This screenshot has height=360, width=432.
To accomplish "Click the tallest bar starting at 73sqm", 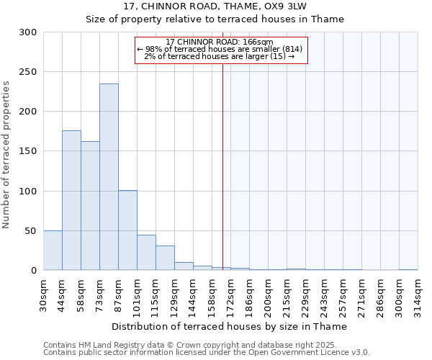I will [109, 177].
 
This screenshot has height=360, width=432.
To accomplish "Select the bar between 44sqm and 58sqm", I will [71, 200].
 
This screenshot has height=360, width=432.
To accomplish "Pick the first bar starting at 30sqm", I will [53, 251].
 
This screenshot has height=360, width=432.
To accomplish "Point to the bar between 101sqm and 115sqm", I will [146, 253].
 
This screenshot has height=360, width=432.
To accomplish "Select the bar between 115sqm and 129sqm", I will [165, 258].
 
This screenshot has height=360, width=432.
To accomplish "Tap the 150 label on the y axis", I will [28, 151].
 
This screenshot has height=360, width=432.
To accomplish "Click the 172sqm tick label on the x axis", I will [231, 296].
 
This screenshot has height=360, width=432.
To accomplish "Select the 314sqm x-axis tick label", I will [418, 296].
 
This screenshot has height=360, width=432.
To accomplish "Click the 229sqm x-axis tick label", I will [306, 296].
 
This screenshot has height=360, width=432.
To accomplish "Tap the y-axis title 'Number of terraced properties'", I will [6, 155].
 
